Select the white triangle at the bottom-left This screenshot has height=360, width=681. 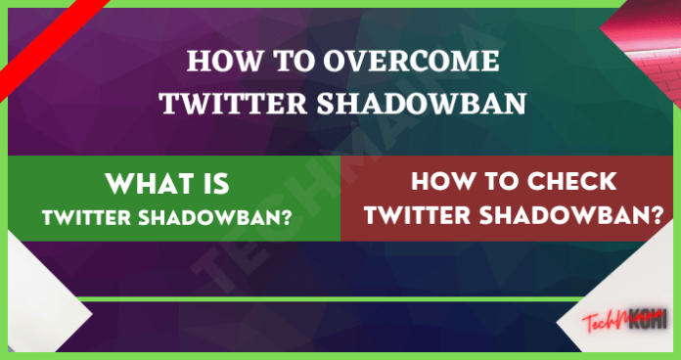tap(39, 328)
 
